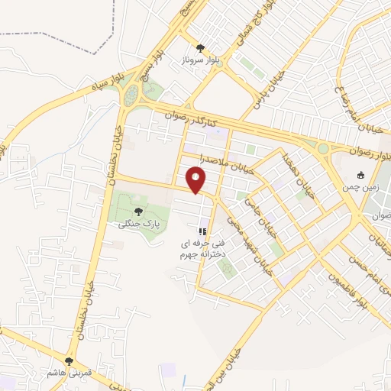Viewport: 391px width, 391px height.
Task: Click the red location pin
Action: pos(197,180)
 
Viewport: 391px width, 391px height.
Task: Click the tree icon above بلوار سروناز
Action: pos(200,47)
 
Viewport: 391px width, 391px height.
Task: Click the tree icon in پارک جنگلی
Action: pos(138,212)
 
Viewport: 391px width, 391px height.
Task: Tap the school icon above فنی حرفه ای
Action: pos(202,231)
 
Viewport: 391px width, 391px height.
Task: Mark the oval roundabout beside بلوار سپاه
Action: pos(133,96)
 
